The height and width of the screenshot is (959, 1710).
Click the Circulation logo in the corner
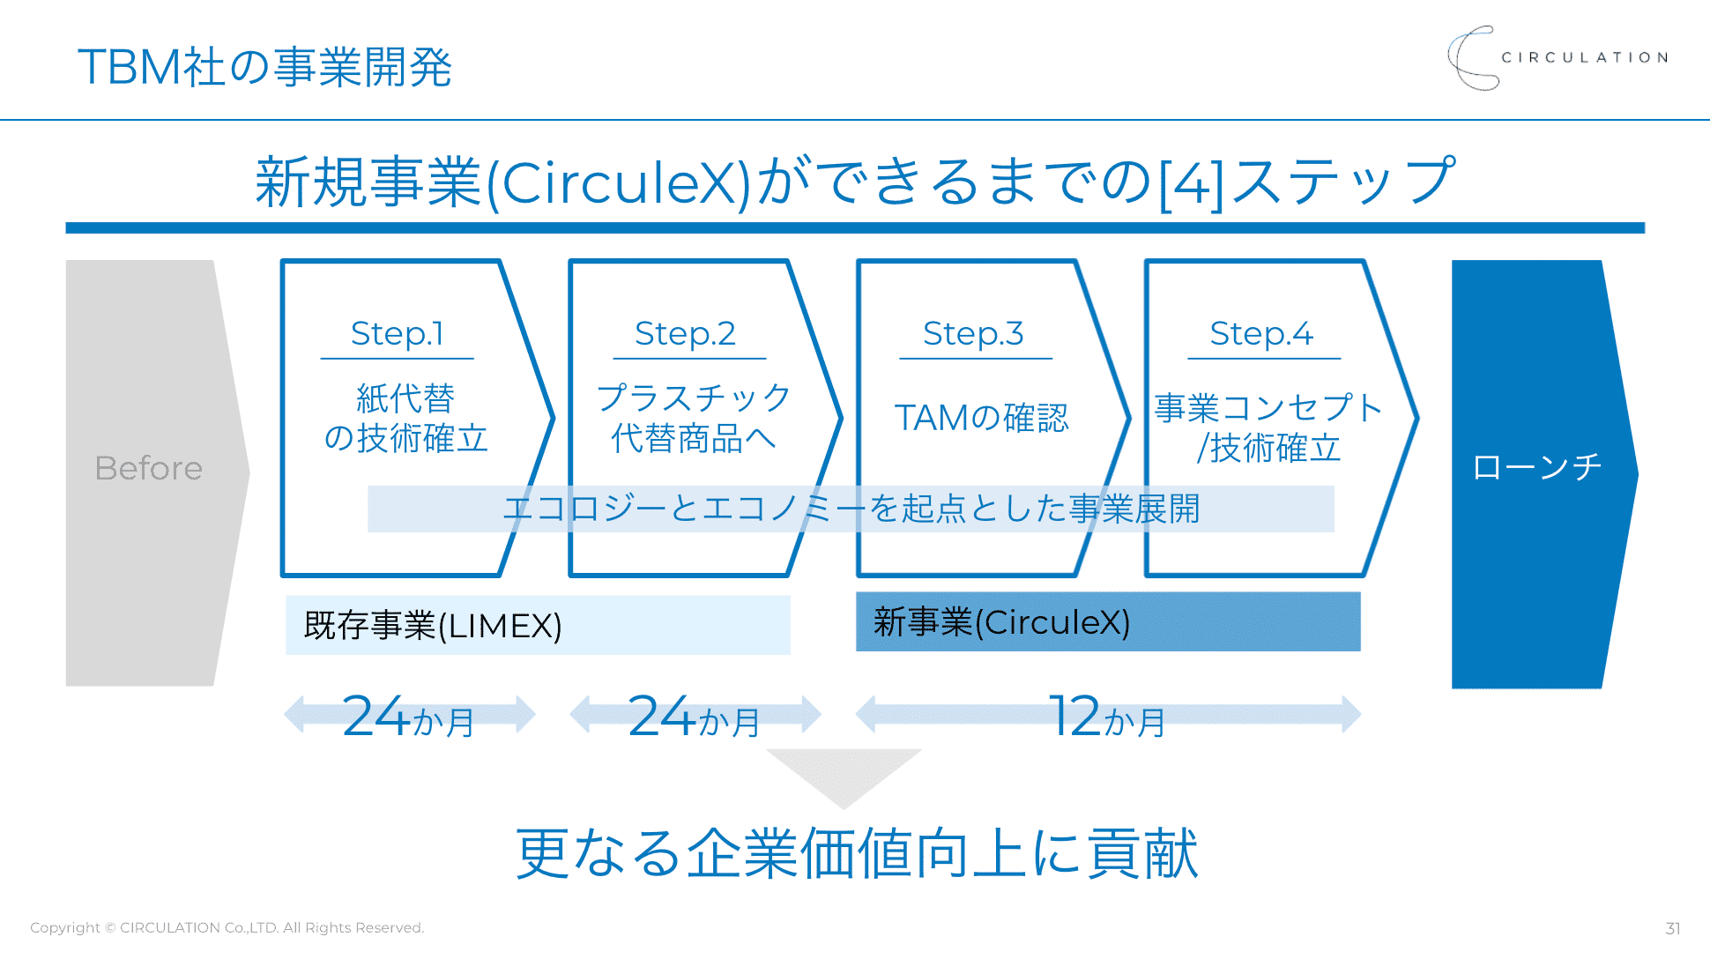1557,58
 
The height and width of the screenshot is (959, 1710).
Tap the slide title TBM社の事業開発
264,67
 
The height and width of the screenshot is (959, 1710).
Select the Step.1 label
397,334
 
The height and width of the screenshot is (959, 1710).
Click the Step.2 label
685,334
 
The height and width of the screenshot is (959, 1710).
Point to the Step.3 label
973,334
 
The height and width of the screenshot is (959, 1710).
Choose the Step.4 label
1261,334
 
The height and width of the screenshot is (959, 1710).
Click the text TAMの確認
981,418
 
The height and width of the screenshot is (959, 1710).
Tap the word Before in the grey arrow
148,468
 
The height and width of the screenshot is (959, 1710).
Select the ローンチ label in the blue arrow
1536,467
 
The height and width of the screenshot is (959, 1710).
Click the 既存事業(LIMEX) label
432,626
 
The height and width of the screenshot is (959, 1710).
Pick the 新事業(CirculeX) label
1001,622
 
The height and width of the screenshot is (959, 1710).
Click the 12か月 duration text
1107,717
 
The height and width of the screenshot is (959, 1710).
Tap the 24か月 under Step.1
408,717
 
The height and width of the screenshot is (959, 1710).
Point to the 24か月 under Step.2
695,717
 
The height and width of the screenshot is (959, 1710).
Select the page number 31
1672,928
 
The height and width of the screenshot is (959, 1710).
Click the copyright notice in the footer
227,927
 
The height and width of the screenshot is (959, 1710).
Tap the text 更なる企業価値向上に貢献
856,853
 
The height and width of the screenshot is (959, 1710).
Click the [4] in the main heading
1191,182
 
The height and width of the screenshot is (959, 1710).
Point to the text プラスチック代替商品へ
694,418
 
